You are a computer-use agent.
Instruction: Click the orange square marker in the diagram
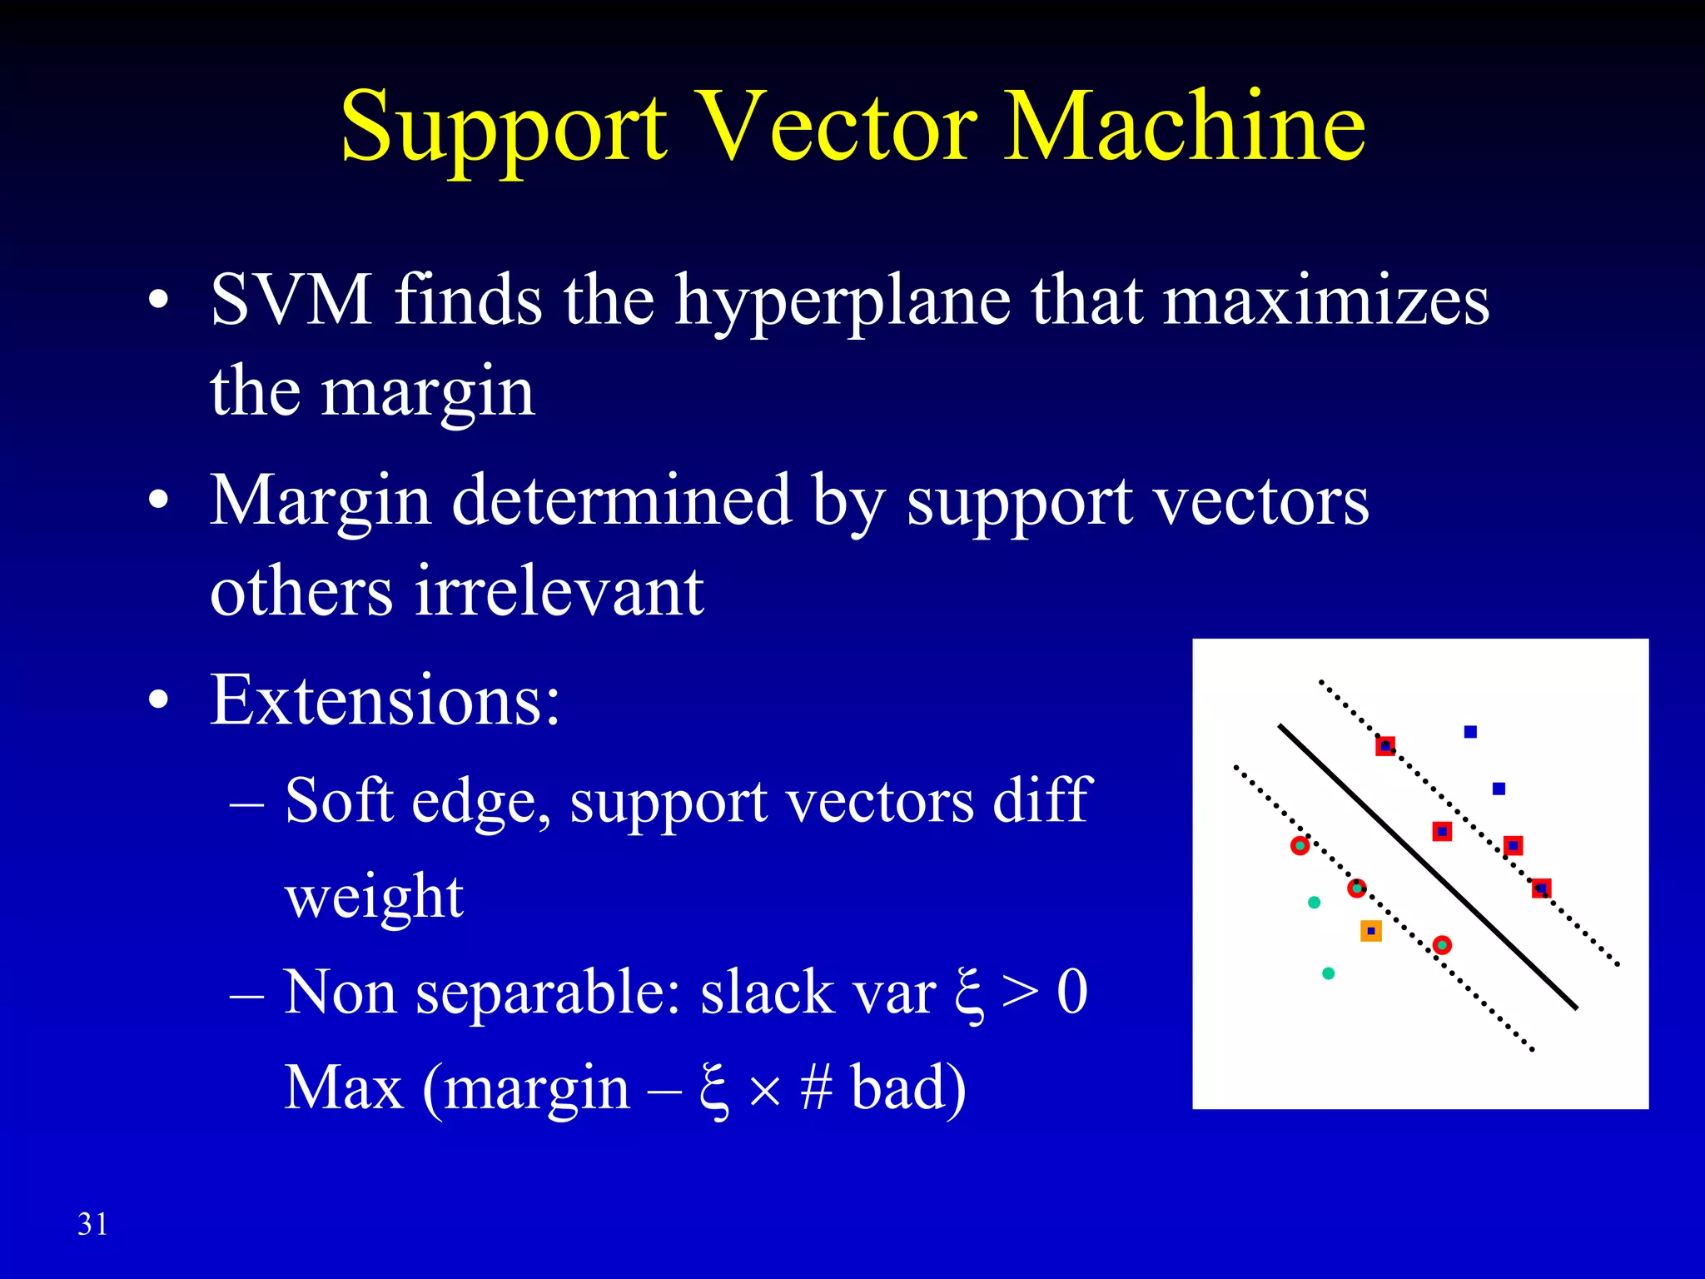click(x=1370, y=931)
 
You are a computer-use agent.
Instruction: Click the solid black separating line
click(x=1427, y=866)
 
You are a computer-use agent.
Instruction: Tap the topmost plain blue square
click(x=1470, y=732)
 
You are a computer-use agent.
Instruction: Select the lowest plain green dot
click(x=1329, y=973)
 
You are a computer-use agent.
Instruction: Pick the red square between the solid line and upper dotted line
click(x=1442, y=831)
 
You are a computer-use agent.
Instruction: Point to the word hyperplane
click(x=843, y=301)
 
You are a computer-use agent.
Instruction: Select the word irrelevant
click(x=559, y=591)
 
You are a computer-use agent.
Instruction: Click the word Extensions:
click(x=385, y=700)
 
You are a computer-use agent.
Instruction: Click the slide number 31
click(x=92, y=1224)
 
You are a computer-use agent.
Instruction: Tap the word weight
click(x=374, y=898)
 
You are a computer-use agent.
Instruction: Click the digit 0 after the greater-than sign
click(x=1072, y=993)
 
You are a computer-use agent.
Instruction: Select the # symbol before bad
click(x=816, y=1087)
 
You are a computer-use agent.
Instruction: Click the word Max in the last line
click(x=344, y=1087)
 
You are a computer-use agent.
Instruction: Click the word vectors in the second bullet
click(x=1263, y=501)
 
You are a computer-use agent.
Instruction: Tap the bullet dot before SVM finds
click(x=158, y=301)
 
